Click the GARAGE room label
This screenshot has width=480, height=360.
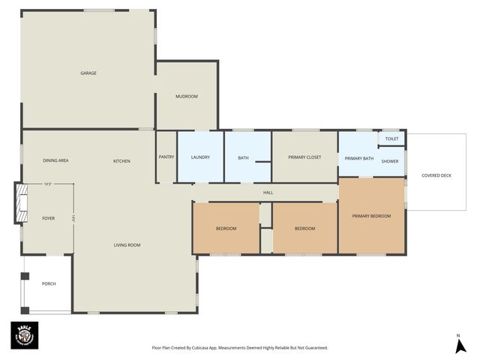tap(88, 73)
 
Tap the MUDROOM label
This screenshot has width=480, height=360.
tap(186, 96)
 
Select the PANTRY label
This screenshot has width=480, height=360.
tap(166, 157)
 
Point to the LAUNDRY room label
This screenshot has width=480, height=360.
tap(200, 157)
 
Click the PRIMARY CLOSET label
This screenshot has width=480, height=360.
tap(304, 157)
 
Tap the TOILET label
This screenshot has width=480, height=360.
tap(391, 139)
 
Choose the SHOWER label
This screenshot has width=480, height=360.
tap(389, 161)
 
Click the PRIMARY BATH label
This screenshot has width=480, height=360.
tap(358, 158)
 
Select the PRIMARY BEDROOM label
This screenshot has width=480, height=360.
tap(371, 216)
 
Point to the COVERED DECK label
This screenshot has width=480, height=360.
tap(436, 175)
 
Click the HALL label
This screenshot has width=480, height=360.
tap(268, 193)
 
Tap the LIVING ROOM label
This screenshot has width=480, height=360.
tap(127, 245)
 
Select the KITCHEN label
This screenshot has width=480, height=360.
tap(121, 161)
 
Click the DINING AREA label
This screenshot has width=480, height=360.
tap(55, 161)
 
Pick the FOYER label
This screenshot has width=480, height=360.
tap(48, 218)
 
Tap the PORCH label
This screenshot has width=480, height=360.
tap(49, 283)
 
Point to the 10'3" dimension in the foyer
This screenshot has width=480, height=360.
tap(48, 184)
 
